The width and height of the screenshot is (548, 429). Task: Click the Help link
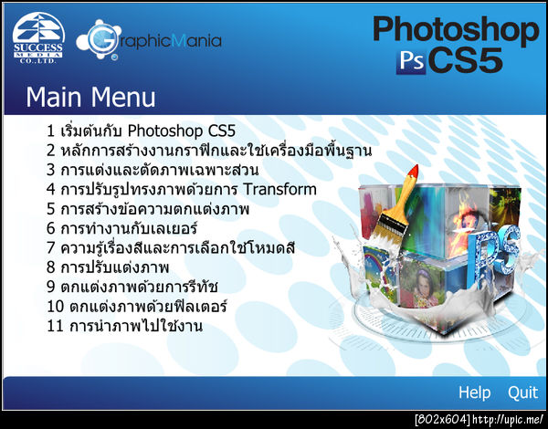pos(474,392)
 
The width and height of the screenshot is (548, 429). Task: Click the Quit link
pos(523,392)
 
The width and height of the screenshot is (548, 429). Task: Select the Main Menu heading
pos(90,97)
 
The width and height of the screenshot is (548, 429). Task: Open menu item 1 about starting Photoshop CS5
pos(141,131)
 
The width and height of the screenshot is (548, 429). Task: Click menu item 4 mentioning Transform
pos(182,190)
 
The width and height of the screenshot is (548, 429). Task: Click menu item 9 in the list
pos(137,287)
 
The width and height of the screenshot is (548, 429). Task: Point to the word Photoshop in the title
pos(456,30)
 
